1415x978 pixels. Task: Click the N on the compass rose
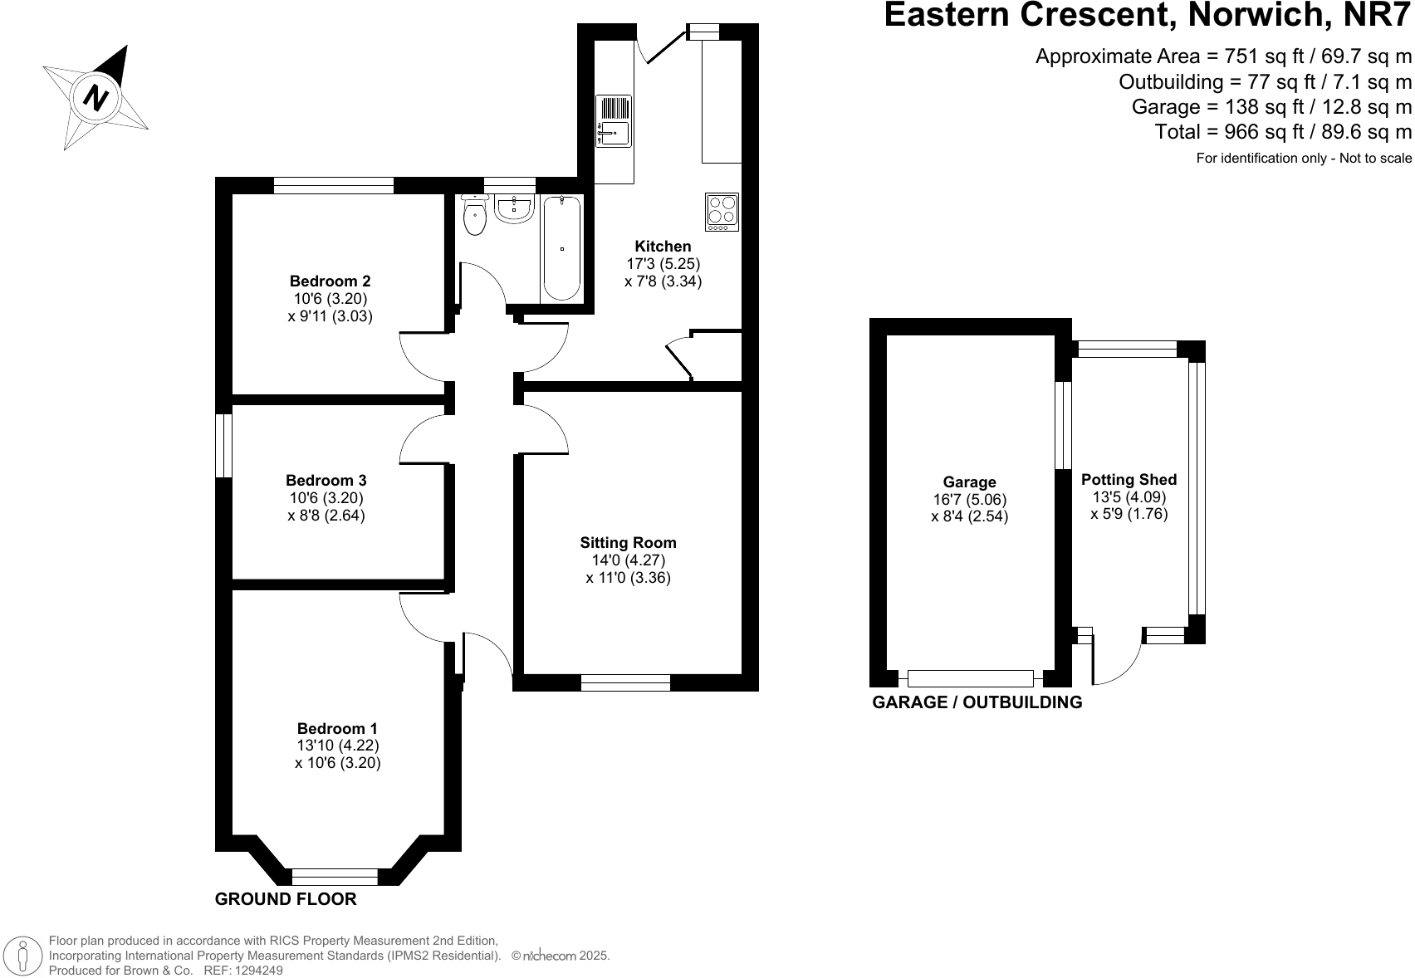point(95,98)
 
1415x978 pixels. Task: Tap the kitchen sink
point(614,121)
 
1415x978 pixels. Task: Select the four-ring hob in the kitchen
point(722,213)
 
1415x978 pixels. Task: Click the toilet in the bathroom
point(475,215)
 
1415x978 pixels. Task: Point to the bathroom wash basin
point(514,208)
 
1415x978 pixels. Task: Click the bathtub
point(561,247)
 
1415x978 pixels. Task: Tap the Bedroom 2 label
point(330,281)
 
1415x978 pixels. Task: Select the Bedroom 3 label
point(326,481)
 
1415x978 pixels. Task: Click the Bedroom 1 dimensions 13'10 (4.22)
point(338,746)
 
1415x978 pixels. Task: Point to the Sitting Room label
point(628,543)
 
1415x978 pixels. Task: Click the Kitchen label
point(663,247)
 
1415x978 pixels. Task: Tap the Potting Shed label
point(1129,480)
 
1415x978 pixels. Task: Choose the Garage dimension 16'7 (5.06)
point(970,500)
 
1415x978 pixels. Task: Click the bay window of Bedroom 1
point(335,877)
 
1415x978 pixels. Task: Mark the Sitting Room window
point(625,682)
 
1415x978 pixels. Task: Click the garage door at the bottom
point(970,679)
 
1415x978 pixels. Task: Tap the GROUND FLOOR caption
point(286,899)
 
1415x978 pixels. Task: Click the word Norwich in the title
point(1256,14)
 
